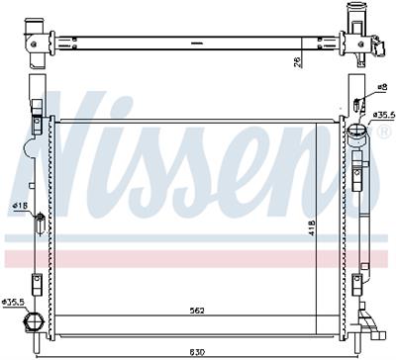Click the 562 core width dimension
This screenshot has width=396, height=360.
point(197,311)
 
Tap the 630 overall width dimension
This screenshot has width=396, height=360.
point(197,352)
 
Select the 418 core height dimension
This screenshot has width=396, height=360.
point(312,227)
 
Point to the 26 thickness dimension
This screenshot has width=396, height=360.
point(297,62)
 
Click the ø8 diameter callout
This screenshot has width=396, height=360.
point(382,87)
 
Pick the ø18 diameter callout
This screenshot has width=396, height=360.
point(20,206)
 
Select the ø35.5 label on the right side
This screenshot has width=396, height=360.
point(384,115)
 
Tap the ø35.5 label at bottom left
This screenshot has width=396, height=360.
point(13,302)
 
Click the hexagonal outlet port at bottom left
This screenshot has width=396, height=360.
point(33,321)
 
